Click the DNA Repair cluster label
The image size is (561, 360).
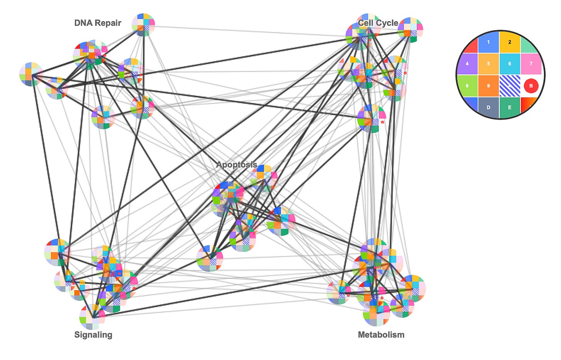tap(97, 23)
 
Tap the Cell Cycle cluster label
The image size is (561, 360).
tap(378, 23)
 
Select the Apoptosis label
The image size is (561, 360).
tap(237, 165)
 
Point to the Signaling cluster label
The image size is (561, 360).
tap(93, 335)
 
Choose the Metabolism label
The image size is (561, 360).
tap(381, 335)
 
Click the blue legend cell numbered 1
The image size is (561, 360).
tap(488, 42)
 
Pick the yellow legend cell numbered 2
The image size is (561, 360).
tap(509, 42)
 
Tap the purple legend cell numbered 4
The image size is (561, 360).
tap(467, 64)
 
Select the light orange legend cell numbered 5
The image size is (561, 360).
tap(488, 64)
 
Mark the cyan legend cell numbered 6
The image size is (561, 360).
tap(509, 64)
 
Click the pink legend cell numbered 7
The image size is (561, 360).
tap(531, 64)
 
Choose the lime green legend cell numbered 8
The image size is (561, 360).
tap(467, 85)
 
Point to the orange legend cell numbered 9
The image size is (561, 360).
tap(488, 85)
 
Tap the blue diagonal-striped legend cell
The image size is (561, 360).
tap(509, 85)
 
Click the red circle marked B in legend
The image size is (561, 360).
tap(531, 85)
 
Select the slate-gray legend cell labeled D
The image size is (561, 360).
tap(488, 107)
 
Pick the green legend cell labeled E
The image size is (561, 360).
tap(509, 107)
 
